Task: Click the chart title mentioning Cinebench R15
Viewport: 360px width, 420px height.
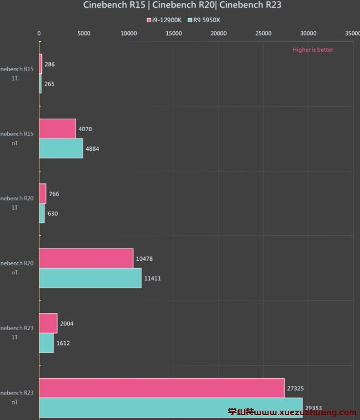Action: pyautogui.click(x=182, y=5)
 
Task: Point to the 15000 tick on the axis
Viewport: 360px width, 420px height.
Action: pyautogui.click(x=174, y=33)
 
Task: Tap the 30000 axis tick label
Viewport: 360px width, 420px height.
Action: pyautogui.click(x=308, y=33)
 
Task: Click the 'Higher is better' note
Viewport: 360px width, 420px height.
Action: pyautogui.click(x=313, y=50)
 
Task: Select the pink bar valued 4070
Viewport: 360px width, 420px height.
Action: pyautogui.click(x=58, y=129)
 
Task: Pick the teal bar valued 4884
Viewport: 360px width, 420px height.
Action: pyautogui.click(x=61, y=148)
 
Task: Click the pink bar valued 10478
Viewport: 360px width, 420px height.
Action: pyautogui.click(x=86, y=258)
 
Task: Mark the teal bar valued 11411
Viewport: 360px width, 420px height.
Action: pyautogui.click(x=90, y=278)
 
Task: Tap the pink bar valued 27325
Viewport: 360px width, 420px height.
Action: pyautogui.click(x=162, y=388)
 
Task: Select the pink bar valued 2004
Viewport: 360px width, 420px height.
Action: pyautogui.click(x=48, y=323)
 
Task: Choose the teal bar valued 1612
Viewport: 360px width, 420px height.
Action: pyautogui.click(x=46, y=343)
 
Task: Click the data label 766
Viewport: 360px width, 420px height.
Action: pyautogui.click(x=54, y=194)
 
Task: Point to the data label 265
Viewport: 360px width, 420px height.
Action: pyautogui.click(x=49, y=84)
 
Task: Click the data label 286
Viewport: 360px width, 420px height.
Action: pyautogui.click(x=49, y=64)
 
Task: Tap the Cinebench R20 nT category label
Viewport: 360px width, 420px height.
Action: pyautogui.click(x=17, y=268)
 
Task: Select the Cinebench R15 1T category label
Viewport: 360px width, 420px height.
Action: pyautogui.click(x=17, y=73)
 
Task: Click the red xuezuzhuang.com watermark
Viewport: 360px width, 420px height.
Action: pyautogui.click(x=292, y=412)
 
